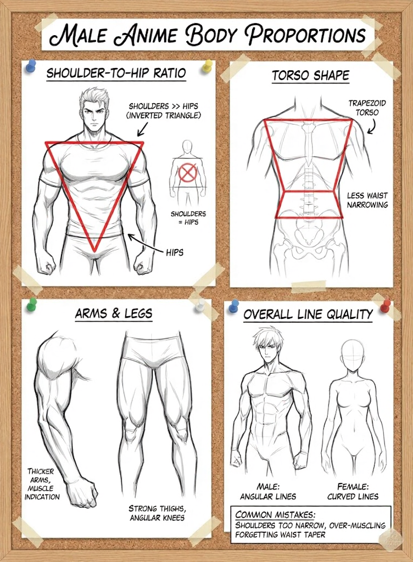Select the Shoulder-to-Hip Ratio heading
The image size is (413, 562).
click(x=116, y=73)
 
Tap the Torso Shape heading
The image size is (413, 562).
click(x=310, y=76)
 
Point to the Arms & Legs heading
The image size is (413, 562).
click(x=114, y=313)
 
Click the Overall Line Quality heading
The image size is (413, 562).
click(x=308, y=314)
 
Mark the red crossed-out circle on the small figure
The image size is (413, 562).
click(x=188, y=173)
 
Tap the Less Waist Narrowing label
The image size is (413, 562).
click(x=367, y=200)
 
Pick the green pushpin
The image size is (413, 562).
click(x=32, y=303)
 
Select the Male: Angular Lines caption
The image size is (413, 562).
click(x=268, y=491)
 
